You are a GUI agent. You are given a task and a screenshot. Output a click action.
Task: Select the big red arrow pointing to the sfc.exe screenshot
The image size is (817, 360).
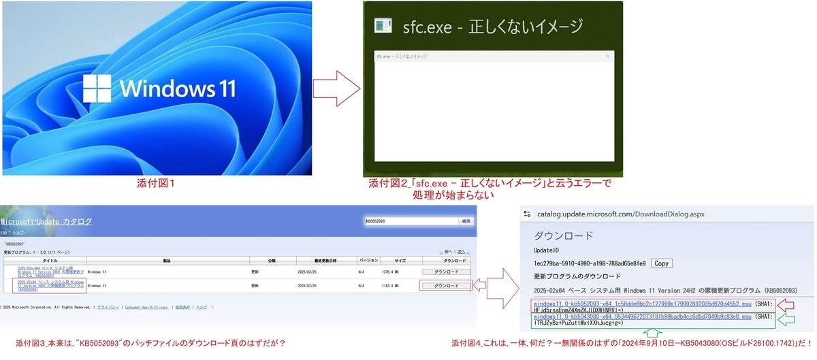point(336,88)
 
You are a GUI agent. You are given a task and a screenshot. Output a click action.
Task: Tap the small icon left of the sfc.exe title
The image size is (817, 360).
point(383,27)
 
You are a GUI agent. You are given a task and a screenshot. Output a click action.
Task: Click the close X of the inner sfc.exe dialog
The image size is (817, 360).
point(607,56)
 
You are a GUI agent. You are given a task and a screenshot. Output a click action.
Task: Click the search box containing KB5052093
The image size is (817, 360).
point(411,221)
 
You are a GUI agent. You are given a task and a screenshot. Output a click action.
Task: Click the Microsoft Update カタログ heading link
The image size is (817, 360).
point(46,222)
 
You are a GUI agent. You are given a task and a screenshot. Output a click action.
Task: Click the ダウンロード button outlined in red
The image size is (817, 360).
point(446,286)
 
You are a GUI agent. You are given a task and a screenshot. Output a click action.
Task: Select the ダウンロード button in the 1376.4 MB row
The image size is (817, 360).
point(446,272)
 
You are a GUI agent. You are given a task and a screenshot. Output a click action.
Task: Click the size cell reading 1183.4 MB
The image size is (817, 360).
point(400,286)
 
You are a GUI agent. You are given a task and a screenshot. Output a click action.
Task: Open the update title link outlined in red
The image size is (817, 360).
point(50,286)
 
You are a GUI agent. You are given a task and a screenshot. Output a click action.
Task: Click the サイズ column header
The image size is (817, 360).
point(400,261)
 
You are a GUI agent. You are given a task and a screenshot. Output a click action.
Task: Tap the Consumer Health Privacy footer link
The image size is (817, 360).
point(146,308)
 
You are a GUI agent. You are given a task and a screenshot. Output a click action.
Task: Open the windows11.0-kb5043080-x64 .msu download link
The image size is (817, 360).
point(643,317)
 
